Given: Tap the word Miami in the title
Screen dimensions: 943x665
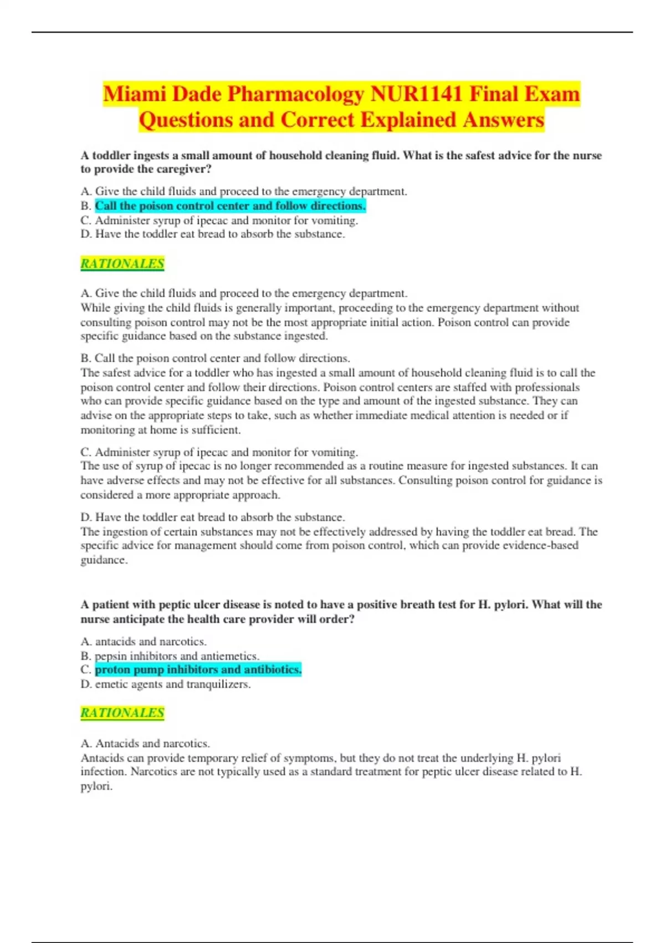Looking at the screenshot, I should pyautogui.click(x=134, y=94).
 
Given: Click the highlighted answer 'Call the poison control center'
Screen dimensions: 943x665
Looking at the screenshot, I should pyautogui.click(x=230, y=206).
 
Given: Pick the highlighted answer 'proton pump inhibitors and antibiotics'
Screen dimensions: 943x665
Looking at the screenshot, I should pyautogui.click(x=198, y=670).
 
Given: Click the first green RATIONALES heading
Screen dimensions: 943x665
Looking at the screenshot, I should pyautogui.click(x=122, y=263).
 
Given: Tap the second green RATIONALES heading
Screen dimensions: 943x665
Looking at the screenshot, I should pyautogui.click(x=122, y=713).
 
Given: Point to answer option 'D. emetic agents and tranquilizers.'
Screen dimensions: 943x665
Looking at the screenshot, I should pyautogui.click(x=166, y=684).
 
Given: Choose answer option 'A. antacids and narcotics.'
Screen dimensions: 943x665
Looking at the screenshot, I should pyautogui.click(x=144, y=641).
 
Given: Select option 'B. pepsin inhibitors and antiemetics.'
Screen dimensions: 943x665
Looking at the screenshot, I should pyautogui.click(x=170, y=656).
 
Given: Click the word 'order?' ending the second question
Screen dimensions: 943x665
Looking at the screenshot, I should pyautogui.click(x=337, y=619).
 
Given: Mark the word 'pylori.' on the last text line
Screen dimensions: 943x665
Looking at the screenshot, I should pyautogui.click(x=96, y=786).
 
